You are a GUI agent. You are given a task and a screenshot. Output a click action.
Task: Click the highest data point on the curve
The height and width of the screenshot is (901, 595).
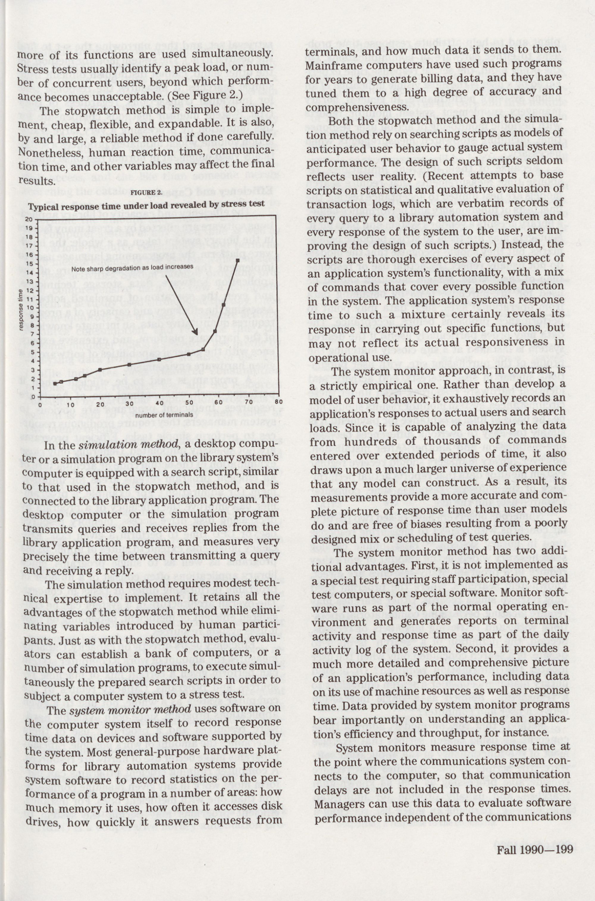(237, 260)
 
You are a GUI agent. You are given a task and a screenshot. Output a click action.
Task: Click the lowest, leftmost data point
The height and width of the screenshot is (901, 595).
(55, 383)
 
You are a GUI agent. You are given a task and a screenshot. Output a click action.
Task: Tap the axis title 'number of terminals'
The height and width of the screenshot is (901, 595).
(159, 415)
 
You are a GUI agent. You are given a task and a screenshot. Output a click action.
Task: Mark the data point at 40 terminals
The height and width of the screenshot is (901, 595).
(159, 359)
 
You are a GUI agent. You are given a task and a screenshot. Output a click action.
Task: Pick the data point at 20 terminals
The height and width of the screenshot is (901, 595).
(100, 369)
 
